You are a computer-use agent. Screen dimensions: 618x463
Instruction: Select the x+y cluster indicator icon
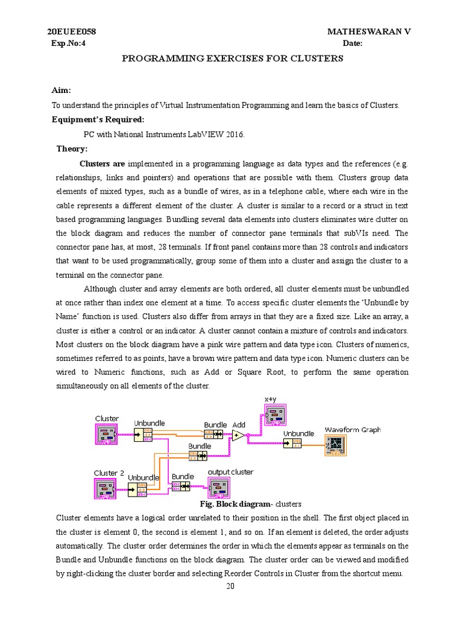click(276, 415)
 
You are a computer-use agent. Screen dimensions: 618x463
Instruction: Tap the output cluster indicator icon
click(219, 487)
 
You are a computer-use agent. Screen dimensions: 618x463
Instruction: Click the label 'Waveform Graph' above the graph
click(353, 430)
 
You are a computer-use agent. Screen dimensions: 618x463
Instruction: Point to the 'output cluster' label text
click(230, 472)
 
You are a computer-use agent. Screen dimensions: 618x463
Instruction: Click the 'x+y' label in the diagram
click(270, 400)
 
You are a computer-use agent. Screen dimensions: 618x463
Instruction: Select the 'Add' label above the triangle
click(239, 424)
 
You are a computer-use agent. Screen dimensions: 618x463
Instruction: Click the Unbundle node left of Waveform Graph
click(292, 444)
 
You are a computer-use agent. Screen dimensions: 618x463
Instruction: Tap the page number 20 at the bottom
click(230, 586)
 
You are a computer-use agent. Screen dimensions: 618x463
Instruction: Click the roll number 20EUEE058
click(72, 31)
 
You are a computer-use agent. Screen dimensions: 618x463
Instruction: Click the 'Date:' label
click(353, 43)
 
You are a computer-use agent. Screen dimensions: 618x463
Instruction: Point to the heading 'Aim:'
click(61, 91)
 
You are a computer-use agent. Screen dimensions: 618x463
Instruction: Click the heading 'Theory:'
click(72, 148)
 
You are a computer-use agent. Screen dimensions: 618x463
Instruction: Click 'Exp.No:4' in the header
click(68, 43)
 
